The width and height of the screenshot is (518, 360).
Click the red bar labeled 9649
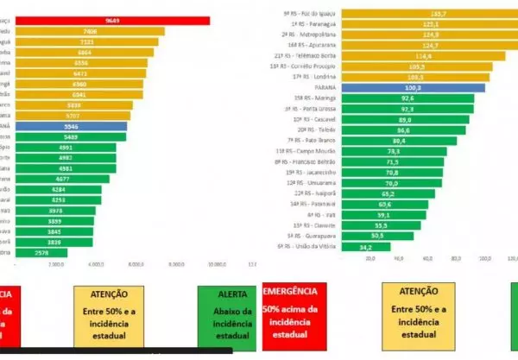tap(104, 20)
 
